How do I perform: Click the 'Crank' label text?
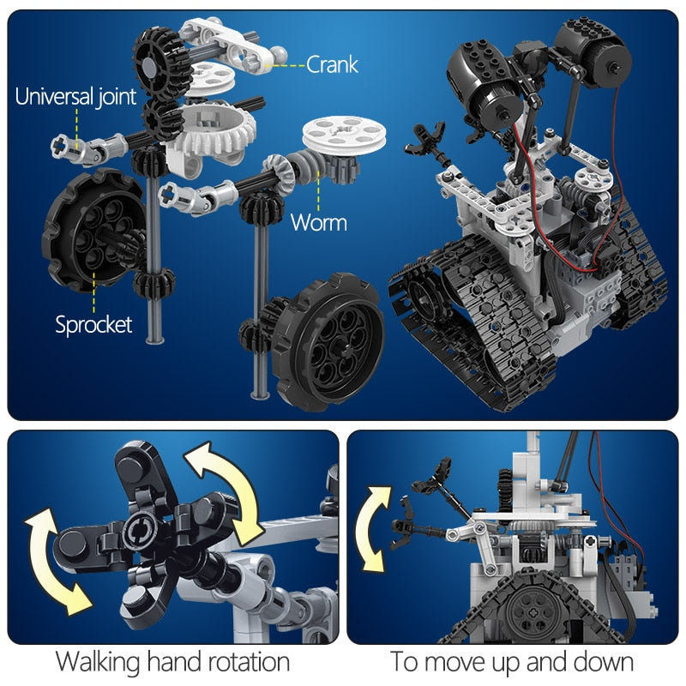point(332,63)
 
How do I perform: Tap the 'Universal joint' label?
point(75,96)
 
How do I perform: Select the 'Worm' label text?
point(318,223)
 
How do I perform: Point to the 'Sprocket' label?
point(93,324)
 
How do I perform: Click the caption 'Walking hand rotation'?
point(172,662)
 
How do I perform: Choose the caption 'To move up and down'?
point(513,662)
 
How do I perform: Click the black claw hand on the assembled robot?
point(430,136)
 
